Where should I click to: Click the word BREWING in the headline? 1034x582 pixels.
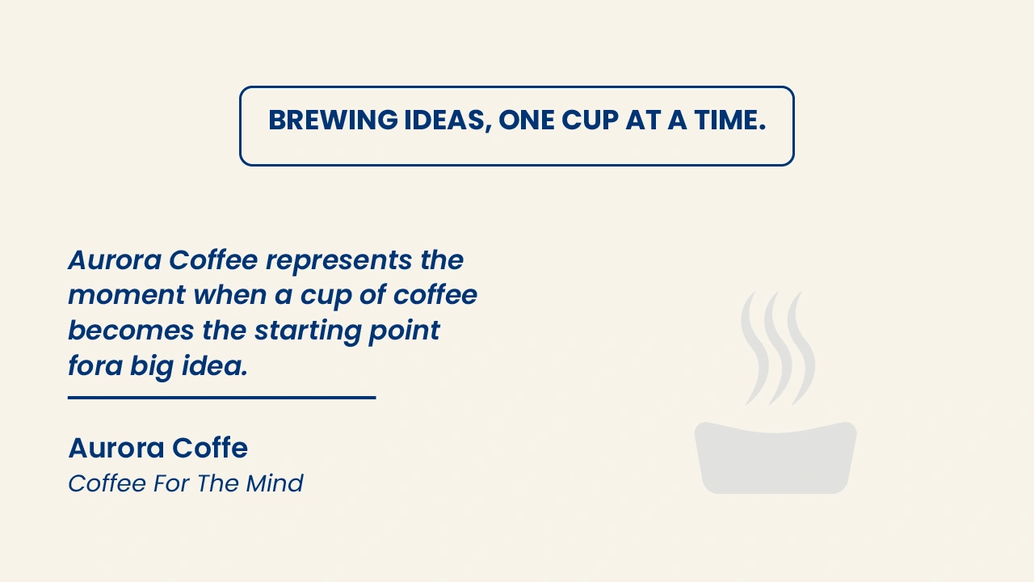333,120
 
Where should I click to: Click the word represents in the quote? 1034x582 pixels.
338,261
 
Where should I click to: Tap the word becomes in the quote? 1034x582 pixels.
131,331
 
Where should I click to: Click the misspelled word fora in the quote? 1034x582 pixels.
95,366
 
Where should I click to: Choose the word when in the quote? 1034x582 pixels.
230,295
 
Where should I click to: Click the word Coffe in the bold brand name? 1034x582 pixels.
210,448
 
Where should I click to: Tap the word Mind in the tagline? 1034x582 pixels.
275,483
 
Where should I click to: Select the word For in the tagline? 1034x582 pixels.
170,483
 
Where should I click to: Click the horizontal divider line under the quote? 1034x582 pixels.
222,397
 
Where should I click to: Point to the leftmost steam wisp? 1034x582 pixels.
755,349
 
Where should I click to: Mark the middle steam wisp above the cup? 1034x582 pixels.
778,349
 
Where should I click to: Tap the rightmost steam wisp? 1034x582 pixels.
801,349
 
